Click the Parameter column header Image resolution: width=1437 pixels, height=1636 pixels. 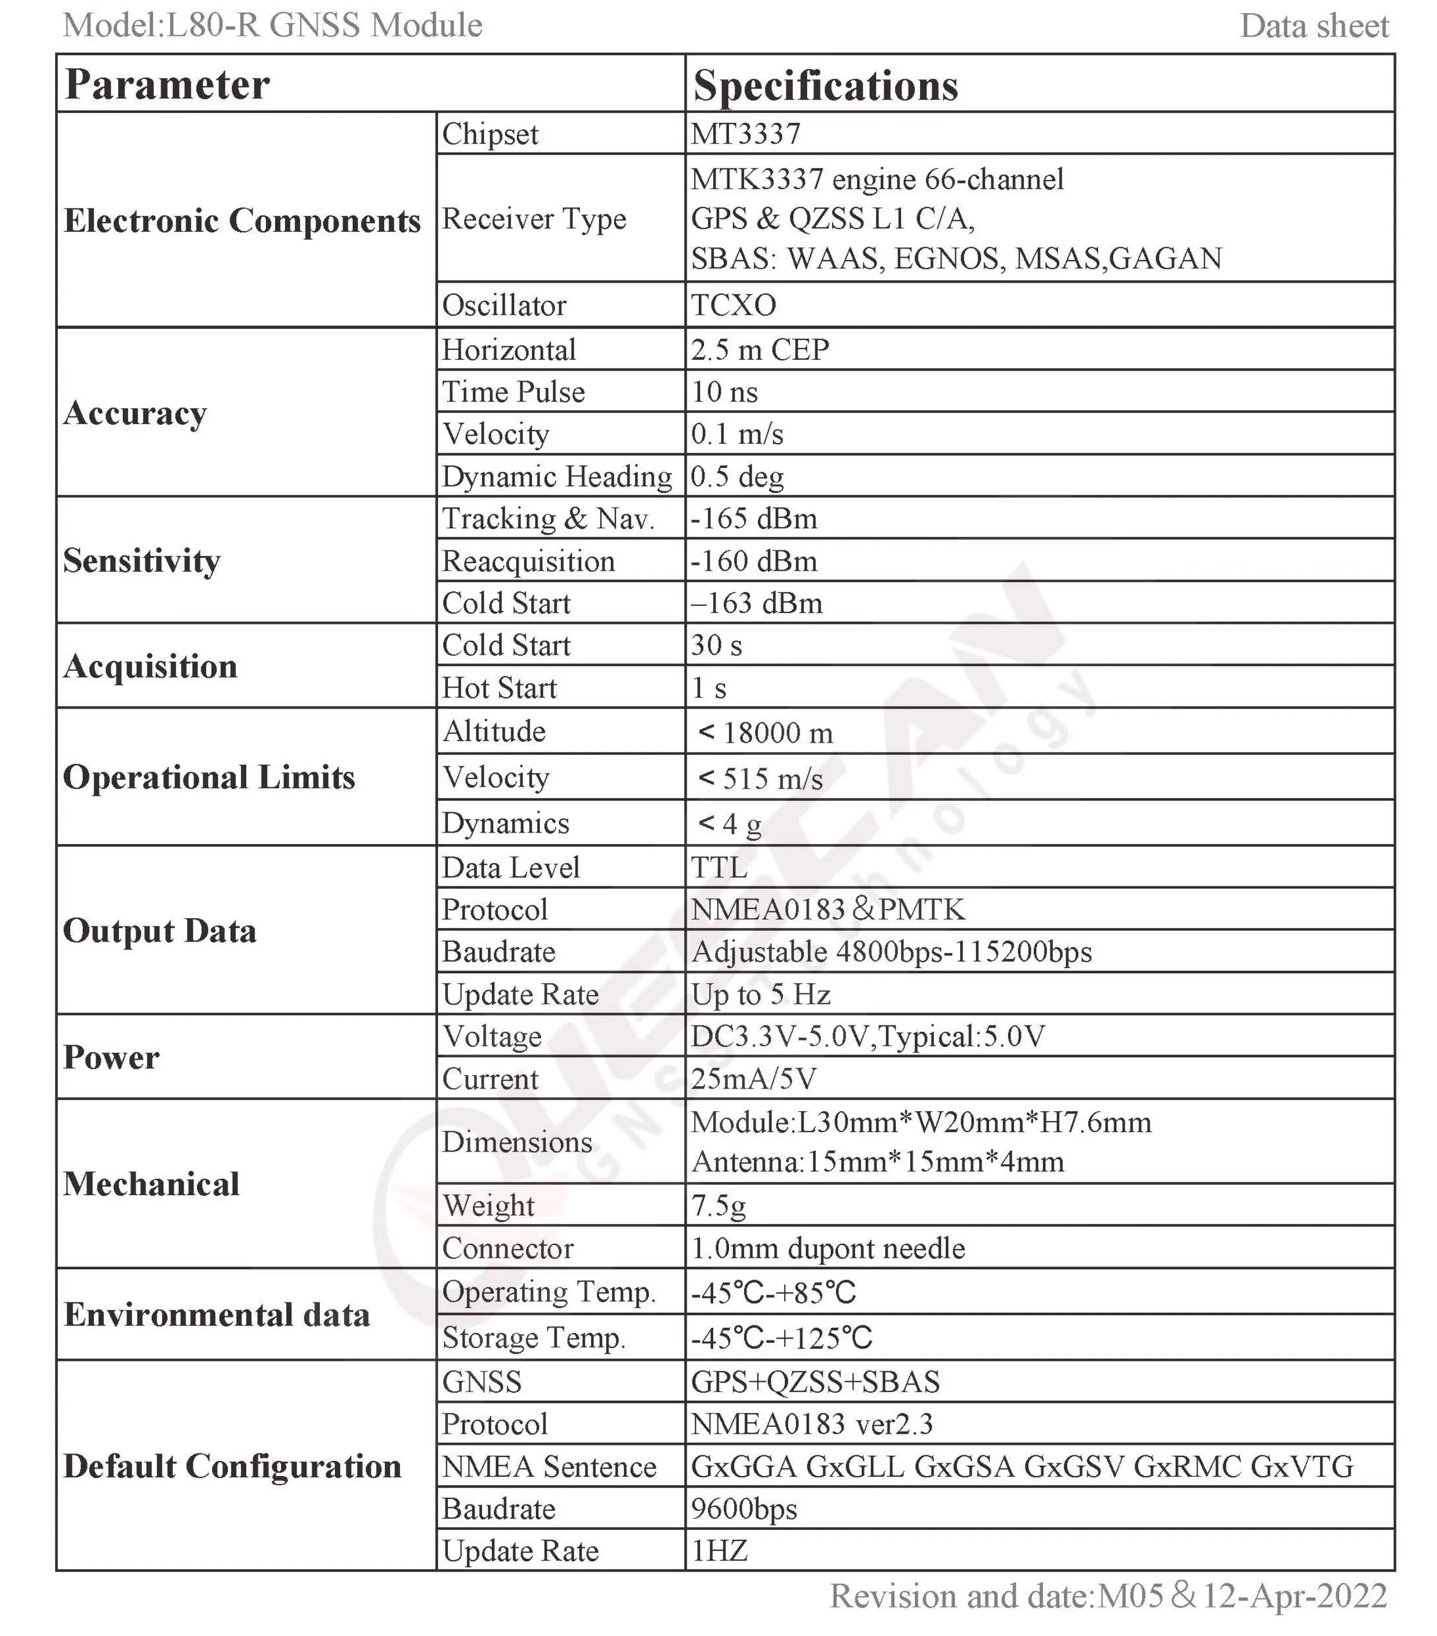coord(167,84)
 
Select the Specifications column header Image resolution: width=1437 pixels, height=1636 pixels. coord(825,86)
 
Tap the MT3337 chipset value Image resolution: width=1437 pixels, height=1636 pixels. coord(745,134)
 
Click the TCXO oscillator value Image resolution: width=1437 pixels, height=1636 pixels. coord(734,305)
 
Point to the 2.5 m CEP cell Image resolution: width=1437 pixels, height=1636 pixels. coord(760,350)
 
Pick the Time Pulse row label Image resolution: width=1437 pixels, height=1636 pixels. coord(513,392)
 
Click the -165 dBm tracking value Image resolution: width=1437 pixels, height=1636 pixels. coord(754,518)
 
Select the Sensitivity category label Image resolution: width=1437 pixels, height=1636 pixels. coord(142,560)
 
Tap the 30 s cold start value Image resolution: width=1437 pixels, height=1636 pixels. coord(717,645)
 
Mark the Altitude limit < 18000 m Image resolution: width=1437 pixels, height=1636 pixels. coord(765,732)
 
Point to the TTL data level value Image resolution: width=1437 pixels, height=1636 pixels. coord(720,867)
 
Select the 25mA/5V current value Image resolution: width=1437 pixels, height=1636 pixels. coord(754,1079)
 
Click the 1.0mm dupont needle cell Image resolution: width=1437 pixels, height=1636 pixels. coord(828,1248)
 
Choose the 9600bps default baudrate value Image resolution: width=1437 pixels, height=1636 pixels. coord(745,1509)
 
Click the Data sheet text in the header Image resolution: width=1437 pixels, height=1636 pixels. coord(1314,27)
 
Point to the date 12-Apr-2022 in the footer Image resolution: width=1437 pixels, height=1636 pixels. coord(1294,1596)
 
